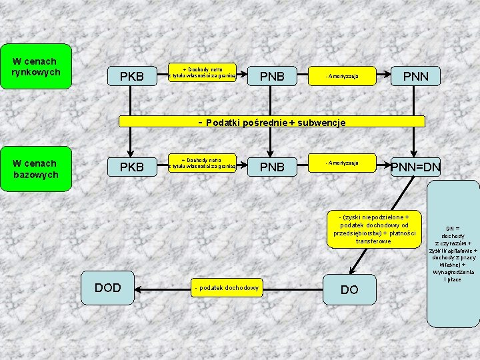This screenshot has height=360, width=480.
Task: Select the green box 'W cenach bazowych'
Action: (x=35, y=169)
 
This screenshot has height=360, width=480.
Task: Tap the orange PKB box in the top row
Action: (x=131, y=77)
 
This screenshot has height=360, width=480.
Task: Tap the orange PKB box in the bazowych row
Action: (x=131, y=167)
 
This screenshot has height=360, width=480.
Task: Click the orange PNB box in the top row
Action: (x=271, y=77)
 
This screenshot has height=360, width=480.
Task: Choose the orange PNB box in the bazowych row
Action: (x=271, y=167)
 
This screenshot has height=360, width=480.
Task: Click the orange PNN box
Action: (x=415, y=77)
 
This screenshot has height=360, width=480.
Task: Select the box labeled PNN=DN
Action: (x=415, y=167)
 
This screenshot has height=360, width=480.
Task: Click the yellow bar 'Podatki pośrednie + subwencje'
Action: (x=272, y=122)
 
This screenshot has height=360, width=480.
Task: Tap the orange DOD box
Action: (x=108, y=287)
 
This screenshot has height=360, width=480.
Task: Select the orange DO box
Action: (x=349, y=289)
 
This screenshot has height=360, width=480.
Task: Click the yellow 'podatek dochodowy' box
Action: (x=227, y=288)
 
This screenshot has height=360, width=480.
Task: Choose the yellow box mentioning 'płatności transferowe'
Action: (x=373, y=229)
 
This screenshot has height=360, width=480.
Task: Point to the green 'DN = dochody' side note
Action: (x=453, y=253)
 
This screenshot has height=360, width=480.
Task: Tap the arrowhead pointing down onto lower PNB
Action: (x=270, y=151)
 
